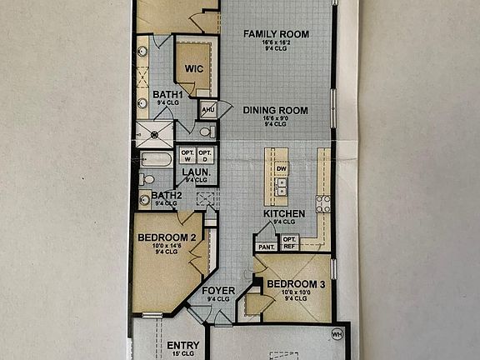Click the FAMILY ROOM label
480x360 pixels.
click(x=276, y=34)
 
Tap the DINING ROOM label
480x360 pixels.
click(x=276, y=110)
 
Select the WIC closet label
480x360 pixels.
click(x=194, y=68)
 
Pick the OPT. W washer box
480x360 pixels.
click(x=187, y=156)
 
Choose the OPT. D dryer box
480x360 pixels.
click(x=205, y=156)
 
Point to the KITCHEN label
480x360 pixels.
click(x=283, y=213)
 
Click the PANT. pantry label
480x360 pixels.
click(x=267, y=247)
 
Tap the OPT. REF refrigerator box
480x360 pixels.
click(x=290, y=242)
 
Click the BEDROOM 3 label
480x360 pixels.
click(x=296, y=285)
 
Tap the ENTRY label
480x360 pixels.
click(x=183, y=345)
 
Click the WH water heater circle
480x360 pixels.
click(x=337, y=335)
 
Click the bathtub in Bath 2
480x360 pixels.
click(x=157, y=159)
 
